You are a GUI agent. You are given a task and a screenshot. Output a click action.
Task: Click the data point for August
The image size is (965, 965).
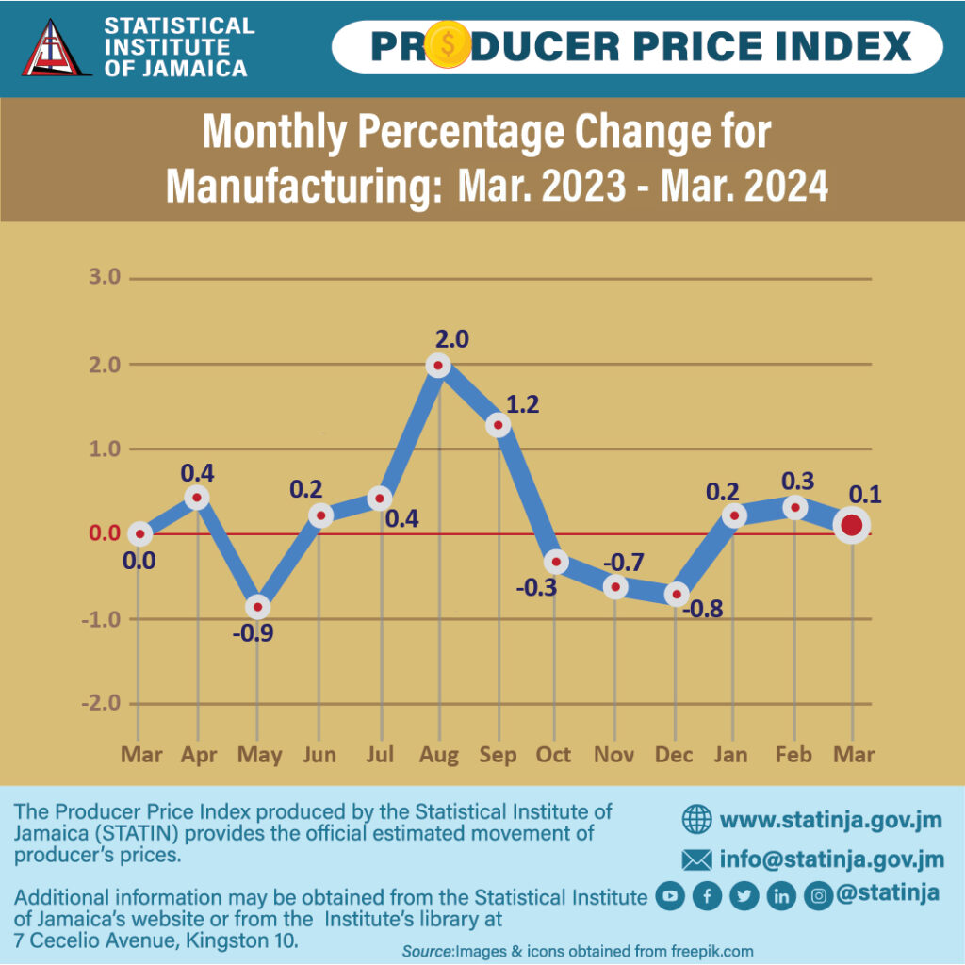438,366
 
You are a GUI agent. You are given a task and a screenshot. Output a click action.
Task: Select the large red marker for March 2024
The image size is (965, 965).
852,526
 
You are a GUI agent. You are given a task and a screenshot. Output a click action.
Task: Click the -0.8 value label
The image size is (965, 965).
703,609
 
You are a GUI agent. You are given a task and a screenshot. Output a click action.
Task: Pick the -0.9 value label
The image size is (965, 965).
253,633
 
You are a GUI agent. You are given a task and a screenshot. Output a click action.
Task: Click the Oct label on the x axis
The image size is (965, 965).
554,755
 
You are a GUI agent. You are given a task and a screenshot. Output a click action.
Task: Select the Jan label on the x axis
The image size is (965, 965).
731,755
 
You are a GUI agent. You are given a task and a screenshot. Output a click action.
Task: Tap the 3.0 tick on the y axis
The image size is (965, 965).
105,278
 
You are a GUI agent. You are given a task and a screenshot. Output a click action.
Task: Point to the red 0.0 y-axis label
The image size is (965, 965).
105,533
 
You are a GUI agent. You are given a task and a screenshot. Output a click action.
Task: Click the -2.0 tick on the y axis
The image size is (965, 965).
102,704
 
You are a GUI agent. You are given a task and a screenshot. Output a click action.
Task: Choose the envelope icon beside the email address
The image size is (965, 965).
696,859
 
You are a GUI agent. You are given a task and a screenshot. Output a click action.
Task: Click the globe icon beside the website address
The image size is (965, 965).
696,819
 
